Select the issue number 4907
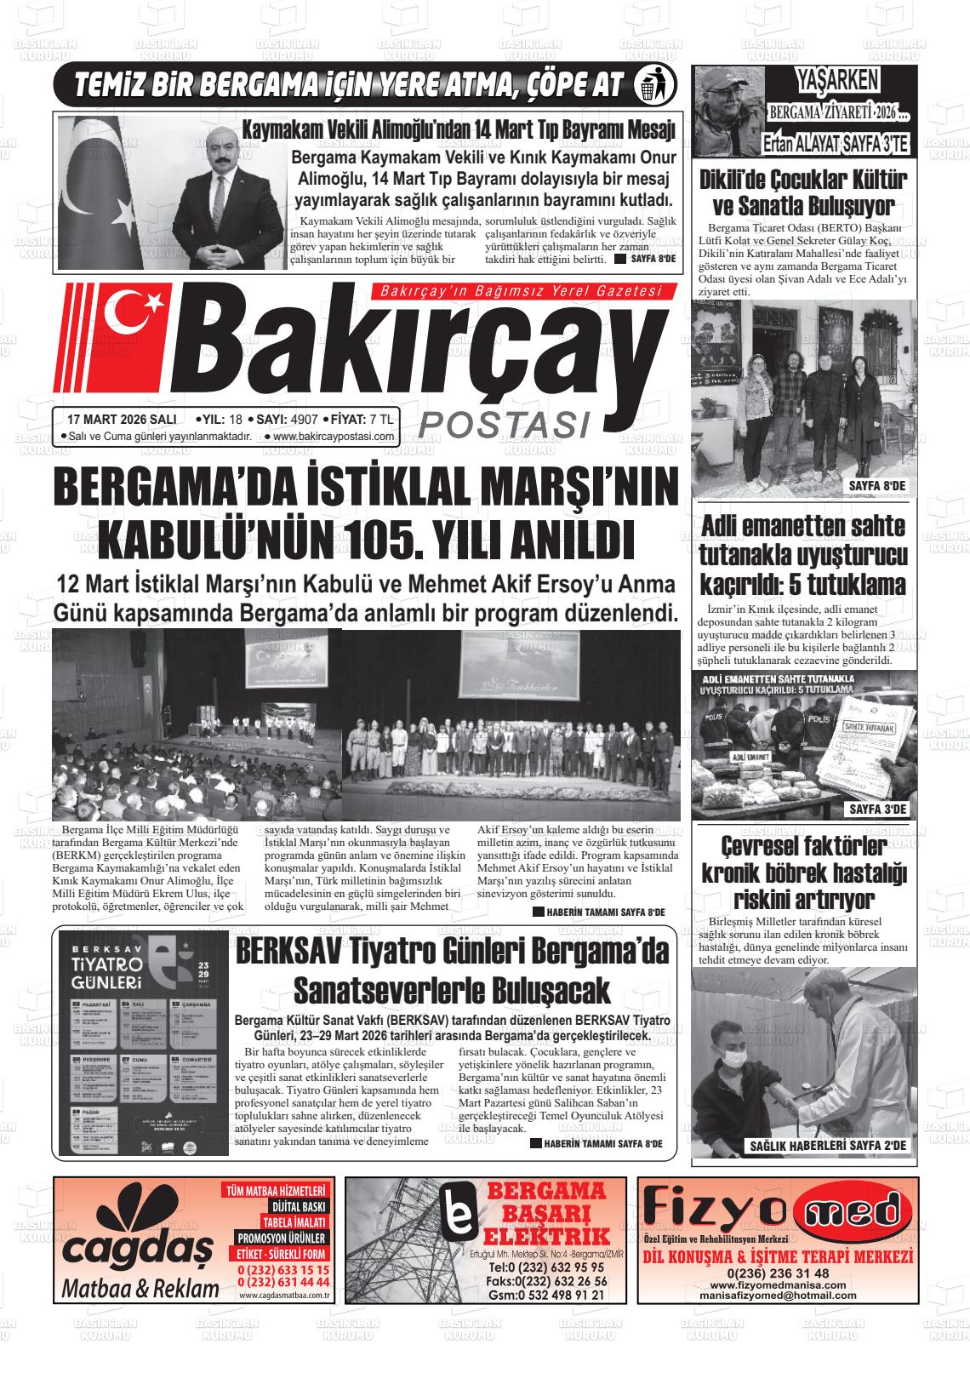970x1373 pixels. (304, 420)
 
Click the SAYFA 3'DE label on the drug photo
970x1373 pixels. (879, 809)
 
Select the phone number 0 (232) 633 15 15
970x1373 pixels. (284, 1269)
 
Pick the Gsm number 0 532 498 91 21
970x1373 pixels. (546, 1295)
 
